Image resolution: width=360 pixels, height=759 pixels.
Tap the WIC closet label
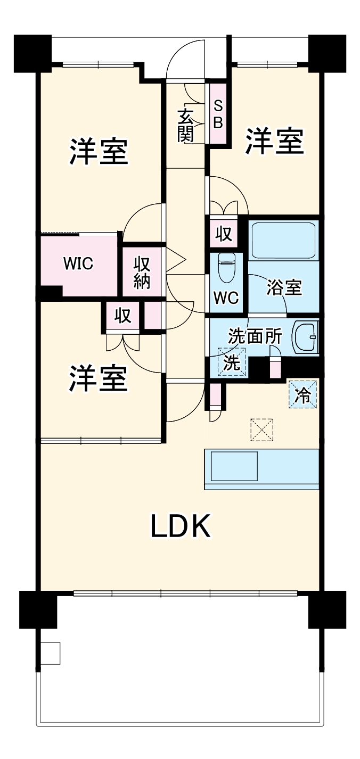[x=78, y=263]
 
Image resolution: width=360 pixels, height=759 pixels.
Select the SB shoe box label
[x=218, y=114]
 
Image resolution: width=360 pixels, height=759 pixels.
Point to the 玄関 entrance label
[x=186, y=126]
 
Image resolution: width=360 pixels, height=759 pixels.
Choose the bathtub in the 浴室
[x=283, y=241]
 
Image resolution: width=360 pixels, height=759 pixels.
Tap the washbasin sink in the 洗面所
[x=307, y=336]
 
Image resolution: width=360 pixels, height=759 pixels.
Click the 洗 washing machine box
[x=232, y=361]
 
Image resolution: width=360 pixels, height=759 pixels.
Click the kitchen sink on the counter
[x=235, y=467]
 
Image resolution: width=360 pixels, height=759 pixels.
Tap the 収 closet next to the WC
[x=224, y=234]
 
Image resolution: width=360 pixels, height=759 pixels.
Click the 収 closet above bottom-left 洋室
[x=123, y=317]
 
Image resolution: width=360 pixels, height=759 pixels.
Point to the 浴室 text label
[x=284, y=288]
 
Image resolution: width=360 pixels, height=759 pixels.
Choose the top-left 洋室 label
[x=99, y=153]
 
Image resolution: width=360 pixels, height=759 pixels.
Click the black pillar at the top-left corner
[x=32, y=53]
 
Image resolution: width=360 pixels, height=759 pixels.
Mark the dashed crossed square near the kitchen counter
[x=261, y=430]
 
